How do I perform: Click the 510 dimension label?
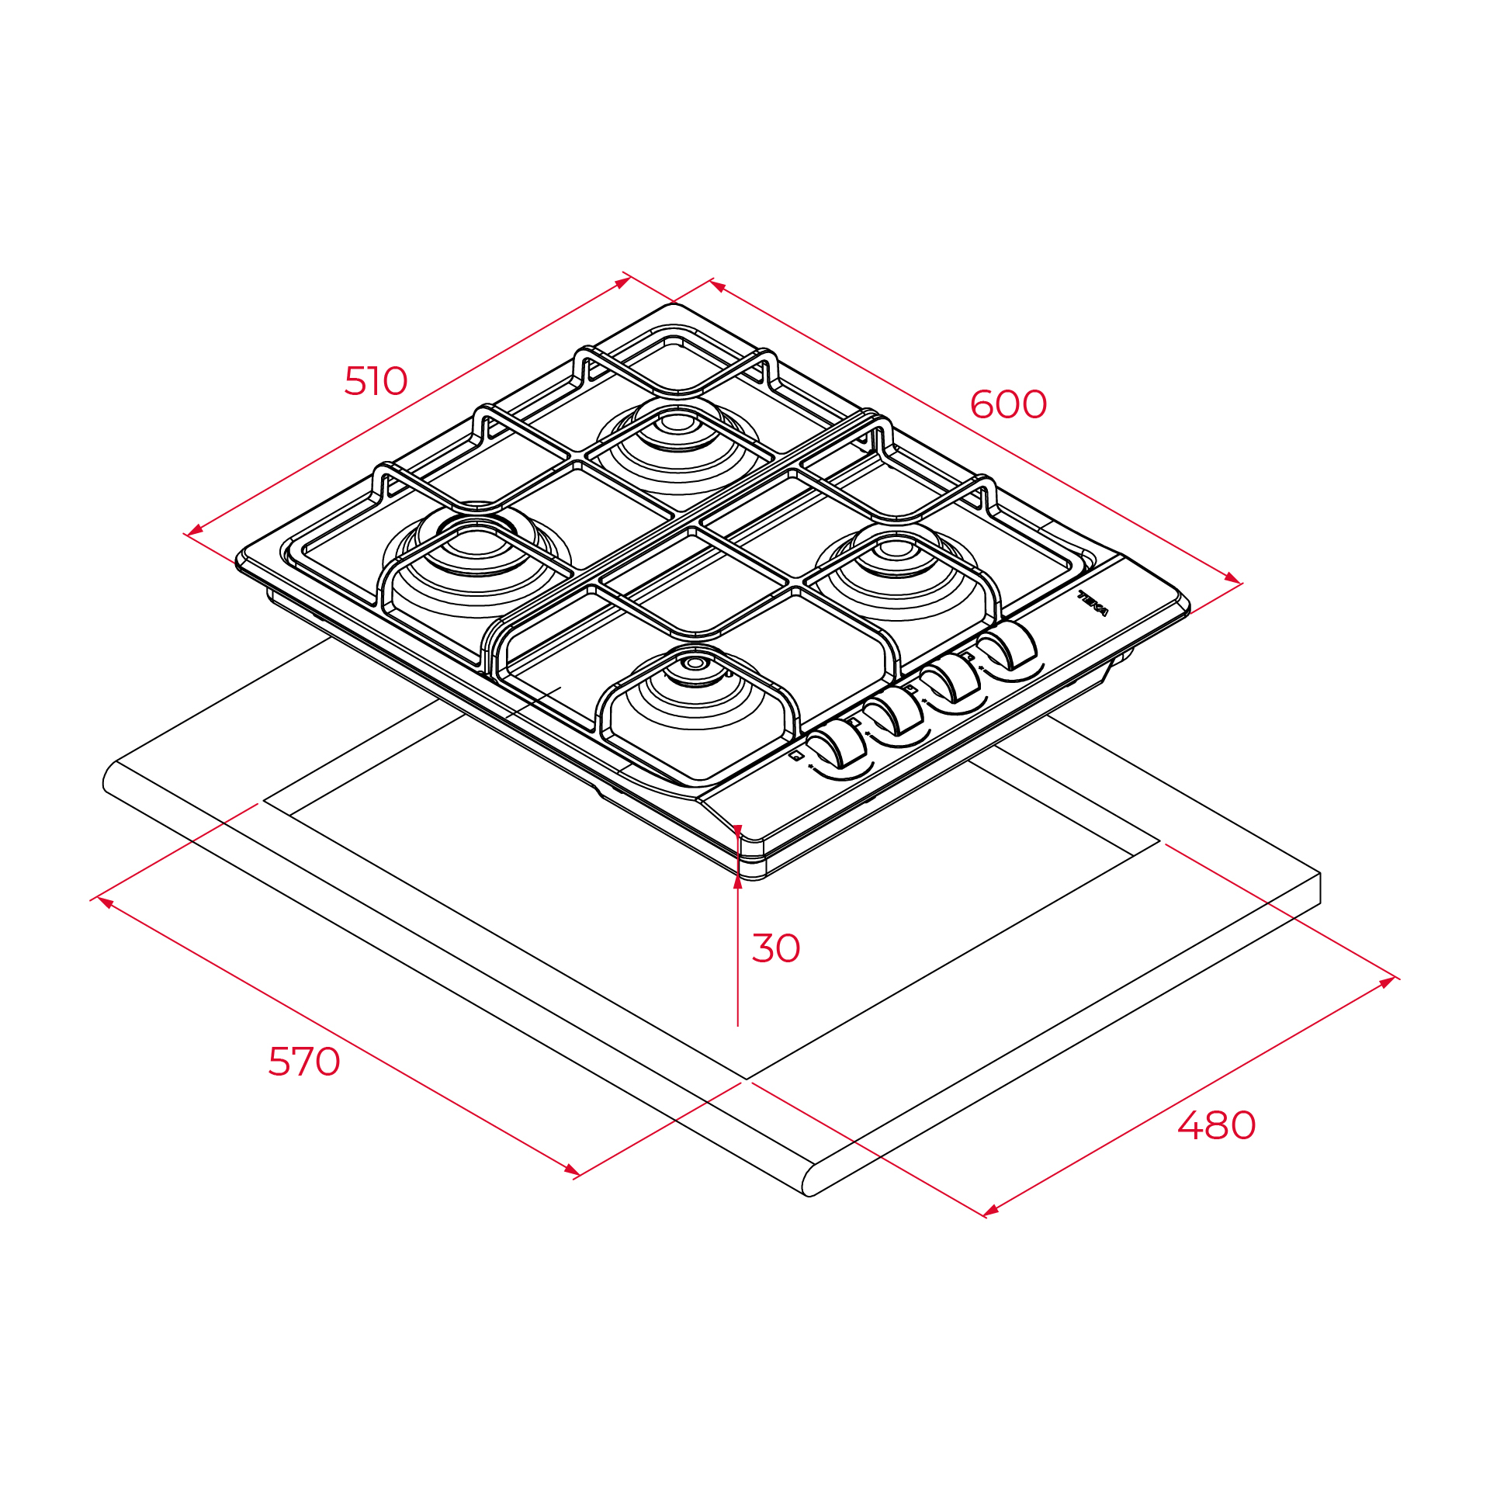tap(376, 381)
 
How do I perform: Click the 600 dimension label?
tap(1008, 404)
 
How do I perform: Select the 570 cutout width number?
tap(304, 1062)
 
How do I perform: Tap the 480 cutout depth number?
tap(1216, 1125)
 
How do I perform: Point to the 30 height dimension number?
tap(776, 948)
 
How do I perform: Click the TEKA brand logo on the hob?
tap(1093, 603)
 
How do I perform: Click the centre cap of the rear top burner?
tap(677, 423)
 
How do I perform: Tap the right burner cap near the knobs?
tap(896, 549)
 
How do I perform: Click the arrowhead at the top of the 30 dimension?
tap(737, 833)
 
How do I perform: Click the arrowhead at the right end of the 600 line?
tap(1232, 578)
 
